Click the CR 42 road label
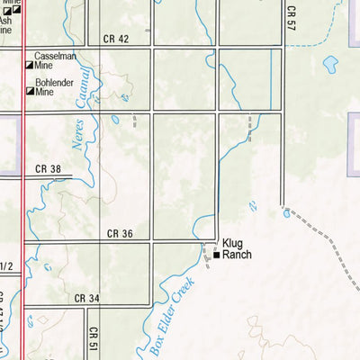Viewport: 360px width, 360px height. pos(115,38)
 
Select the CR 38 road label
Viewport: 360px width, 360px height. pos(48,169)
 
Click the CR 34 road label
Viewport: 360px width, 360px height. pos(87,298)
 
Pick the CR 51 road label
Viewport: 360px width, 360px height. pos(94,338)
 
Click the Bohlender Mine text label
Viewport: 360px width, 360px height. pos(56,87)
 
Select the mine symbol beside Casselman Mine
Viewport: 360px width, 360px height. pos(30,66)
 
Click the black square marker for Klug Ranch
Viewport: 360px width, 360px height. pos(216,256)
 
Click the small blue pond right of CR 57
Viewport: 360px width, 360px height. pos(330,64)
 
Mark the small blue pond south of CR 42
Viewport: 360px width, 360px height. pos(115,119)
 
